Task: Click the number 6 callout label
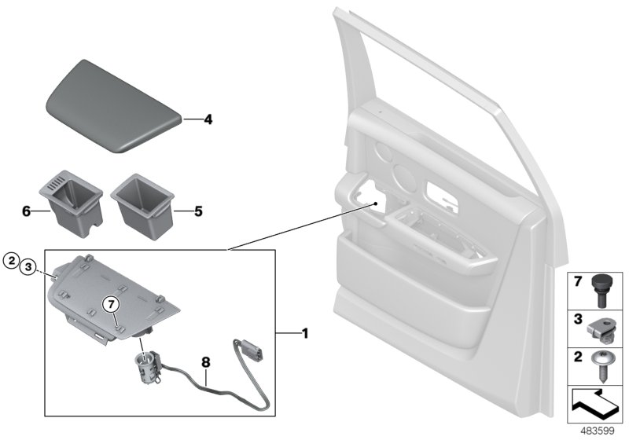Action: [x=26, y=211]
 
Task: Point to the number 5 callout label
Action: [x=198, y=211]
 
